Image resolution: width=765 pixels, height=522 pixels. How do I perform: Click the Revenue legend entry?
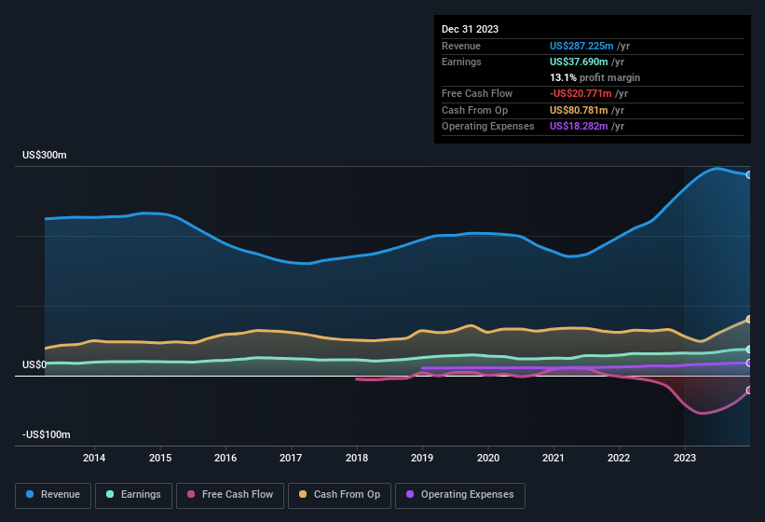(x=53, y=495)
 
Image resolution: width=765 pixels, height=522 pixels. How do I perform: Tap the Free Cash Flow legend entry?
(x=230, y=495)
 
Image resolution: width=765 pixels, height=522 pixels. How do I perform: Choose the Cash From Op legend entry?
(x=338, y=495)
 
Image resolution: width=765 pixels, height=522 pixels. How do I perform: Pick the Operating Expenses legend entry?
(x=460, y=495)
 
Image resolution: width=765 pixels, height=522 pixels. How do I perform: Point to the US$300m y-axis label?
(x=45, y=156)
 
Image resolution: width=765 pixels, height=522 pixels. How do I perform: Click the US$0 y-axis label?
(x=34, y=364)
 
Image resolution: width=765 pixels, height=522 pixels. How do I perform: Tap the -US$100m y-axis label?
(x=47, y=435)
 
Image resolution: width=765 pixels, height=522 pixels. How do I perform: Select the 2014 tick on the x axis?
(x=93, y=458)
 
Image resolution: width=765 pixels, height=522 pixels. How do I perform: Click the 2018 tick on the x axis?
(x=356, y=458)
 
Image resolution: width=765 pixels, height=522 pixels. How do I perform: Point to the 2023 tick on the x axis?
(x=684, y=458)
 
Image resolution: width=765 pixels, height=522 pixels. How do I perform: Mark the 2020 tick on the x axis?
(x=487, y=458)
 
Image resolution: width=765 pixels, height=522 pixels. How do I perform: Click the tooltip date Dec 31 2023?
(x=470, y=29)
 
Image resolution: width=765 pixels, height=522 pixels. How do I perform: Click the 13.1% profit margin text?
(x=594, y=77)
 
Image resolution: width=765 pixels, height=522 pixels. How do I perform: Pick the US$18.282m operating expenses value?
(x=580, y=126)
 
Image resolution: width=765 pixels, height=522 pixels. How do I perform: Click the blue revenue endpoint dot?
(x=749, y=175)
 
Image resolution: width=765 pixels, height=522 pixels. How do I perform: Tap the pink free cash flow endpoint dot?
(x=749, y=391)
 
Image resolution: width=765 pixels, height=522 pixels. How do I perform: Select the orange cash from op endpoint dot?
(x=749, y=320)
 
